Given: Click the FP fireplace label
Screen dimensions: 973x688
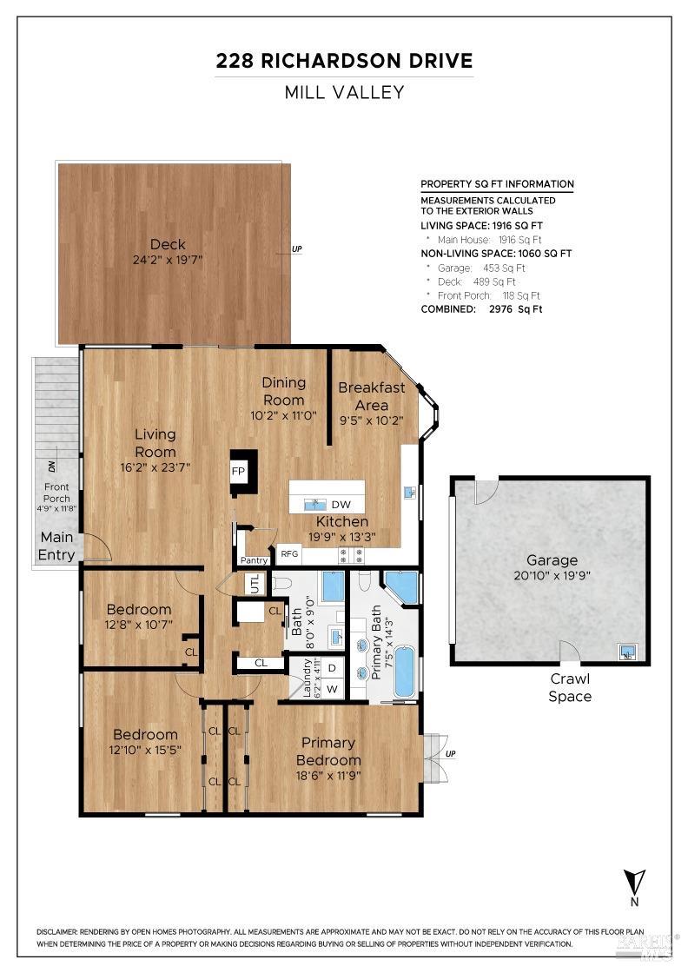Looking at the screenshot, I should click(238, 471).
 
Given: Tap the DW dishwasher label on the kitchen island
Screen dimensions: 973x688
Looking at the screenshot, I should click(341, 504).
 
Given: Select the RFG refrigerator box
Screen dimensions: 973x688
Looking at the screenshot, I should click(288, 553).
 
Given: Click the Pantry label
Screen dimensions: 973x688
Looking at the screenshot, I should click(254, 560).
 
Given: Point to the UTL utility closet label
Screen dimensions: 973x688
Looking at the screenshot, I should click(255, 585).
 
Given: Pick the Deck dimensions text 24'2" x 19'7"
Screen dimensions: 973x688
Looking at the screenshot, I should click(168, 261).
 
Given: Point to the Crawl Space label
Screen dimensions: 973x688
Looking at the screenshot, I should click(570, 687).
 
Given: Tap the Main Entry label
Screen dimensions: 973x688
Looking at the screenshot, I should click(56, 546).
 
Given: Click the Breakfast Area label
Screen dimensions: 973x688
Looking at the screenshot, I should click(371, 396).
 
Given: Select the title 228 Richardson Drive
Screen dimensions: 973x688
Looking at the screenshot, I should click(344, 61).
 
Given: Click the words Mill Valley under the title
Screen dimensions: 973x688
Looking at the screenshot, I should click(344, 92).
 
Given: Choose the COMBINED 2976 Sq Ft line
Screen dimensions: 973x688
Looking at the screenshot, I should click(481, 309).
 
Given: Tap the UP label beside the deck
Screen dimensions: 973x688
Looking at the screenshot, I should click(297, 249).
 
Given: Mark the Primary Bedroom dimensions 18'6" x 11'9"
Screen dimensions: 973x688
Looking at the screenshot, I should click(327, 776).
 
